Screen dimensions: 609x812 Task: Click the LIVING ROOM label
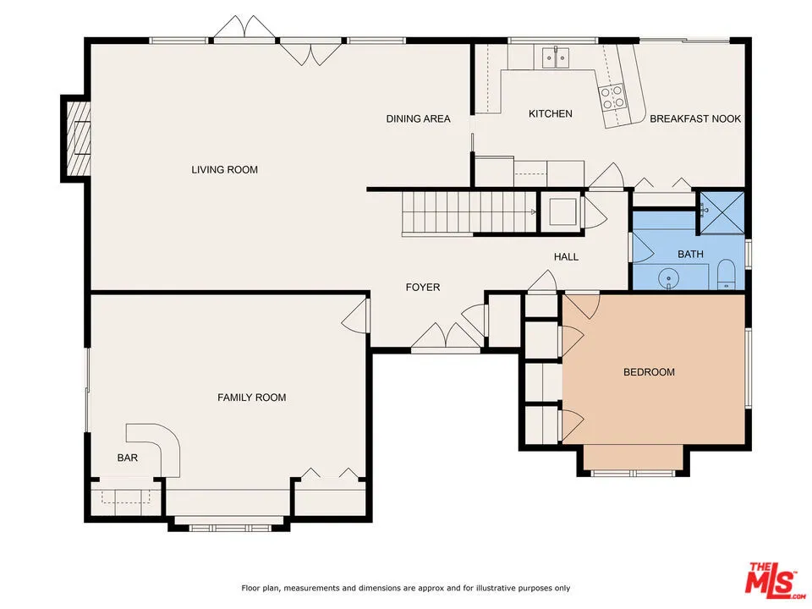pyautogui.click(x=224, y=170)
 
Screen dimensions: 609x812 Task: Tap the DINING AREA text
pyautogui.click(x=418, y=118)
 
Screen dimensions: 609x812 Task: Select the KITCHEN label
pyautogui.click(x=551, y=113)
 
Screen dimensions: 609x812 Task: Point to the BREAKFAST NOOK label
pyautogui.click(x=695, y=118)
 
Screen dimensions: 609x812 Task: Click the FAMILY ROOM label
pyautogui.click(x=251, y=398)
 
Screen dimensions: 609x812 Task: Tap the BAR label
pyautogui.click(x=127, y=458)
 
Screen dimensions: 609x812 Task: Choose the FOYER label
pyautogui.click(x=423, y=288)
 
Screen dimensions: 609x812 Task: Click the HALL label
pyautogui.click(x=566, y=256)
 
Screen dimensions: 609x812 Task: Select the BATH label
pyautogui.click(x=690, y=254)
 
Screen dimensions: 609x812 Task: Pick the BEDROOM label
pyautogui.click(x=649, y=372)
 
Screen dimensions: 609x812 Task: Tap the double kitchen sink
pyautogui.click(x=556, y=58)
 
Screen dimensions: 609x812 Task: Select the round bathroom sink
pyautogui.click(x=669, y=277)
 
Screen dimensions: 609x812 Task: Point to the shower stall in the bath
pyautogui.click(x=721, y=213)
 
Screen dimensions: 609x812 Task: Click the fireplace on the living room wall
pyautogui.click(x=77, y=137)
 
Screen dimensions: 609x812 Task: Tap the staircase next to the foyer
pyautogui.click(x=468, y=211)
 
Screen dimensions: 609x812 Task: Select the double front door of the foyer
pyautogui.click(x=446, y=337)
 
